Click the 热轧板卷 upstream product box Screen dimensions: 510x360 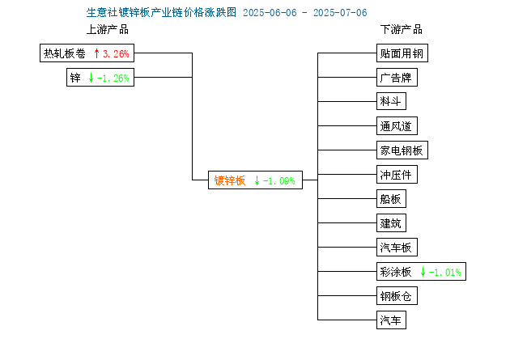(x=87, y=53)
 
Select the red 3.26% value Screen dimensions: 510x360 (x=116, y=53)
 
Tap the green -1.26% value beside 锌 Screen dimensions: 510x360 (x=113, y=78)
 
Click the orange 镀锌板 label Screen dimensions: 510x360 (x=230, y=180)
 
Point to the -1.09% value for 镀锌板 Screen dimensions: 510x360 (x=279, y=180)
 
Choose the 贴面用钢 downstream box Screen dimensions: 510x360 (x=402, y=53)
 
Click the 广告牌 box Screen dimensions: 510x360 (x=397, y=78)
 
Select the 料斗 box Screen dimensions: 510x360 (x=391, y=101)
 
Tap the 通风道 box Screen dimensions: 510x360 (x=397, y=125)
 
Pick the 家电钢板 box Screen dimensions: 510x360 (x=402, y=150)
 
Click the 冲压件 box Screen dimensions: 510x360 (x=397, y=175)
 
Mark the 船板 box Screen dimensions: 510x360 (x=391, y=198)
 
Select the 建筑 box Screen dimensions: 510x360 (x=391, y=223)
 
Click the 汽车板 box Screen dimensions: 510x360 (x=397, y=248)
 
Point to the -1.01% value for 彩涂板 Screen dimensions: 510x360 (x=445, y=273)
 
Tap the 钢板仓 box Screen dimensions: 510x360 (x=397, y=295)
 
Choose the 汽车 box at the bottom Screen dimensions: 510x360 (x=391, y=320)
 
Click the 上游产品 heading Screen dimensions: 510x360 (x=108, y=29)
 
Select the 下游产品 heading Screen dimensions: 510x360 (x=402, y=29)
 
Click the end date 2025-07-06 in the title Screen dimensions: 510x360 (x=340, y=13)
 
